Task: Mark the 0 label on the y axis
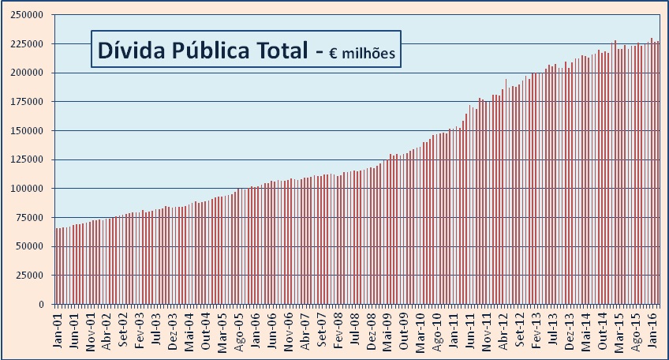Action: (x=46, y=305)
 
